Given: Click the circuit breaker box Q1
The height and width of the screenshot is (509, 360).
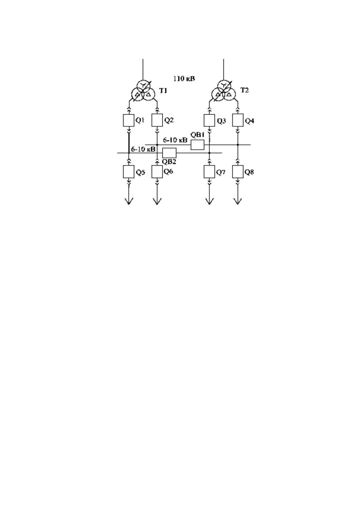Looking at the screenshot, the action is [128, 120].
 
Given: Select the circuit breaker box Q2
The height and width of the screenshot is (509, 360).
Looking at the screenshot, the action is [157, 120].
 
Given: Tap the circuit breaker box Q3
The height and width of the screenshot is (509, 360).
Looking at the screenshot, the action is [209, 120].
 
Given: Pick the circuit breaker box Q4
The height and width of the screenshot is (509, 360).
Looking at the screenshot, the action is [238, 120].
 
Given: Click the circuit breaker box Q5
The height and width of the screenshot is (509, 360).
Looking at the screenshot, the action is [128, 172].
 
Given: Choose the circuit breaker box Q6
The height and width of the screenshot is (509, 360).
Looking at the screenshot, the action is [157, 172].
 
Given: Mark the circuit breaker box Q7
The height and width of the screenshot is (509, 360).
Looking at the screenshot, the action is [209, 172].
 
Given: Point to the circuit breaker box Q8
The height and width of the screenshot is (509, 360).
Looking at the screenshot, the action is [238, 172].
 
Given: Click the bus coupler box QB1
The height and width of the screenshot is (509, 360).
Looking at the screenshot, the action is [197, 145].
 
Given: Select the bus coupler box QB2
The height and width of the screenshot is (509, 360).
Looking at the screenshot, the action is [169, 153].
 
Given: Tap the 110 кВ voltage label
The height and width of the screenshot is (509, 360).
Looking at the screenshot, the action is [184, 79].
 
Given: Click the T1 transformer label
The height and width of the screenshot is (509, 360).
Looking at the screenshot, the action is [163, 91].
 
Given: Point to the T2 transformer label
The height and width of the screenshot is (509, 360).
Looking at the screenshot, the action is [245, 90].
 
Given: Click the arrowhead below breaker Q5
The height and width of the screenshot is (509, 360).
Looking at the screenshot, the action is [129, 201].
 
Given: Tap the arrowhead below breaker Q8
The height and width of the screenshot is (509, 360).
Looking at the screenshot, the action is [238, 201].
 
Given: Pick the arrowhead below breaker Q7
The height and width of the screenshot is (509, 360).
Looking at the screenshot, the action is [209, 201].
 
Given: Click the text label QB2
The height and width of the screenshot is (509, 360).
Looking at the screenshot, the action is [169, 162].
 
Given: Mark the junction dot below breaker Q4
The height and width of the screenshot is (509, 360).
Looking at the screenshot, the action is [238, 145].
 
